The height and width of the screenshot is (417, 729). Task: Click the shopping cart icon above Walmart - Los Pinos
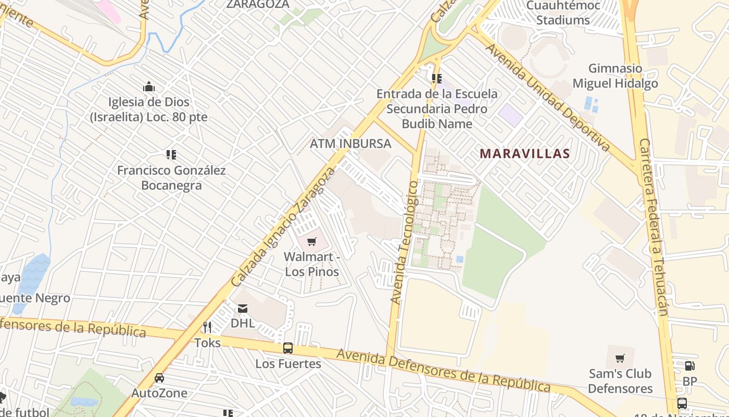[311, 241]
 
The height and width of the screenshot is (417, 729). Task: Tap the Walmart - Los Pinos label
[312, 264]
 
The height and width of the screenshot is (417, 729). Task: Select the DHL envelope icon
[243, 309]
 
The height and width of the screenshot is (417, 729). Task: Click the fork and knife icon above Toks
[207, 327]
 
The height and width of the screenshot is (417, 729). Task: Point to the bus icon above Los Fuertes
[287, 348]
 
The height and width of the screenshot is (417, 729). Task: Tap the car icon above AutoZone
[159, 378]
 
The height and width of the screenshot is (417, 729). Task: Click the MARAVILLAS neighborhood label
[525, 154]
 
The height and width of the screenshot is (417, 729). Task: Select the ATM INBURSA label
[350, 143]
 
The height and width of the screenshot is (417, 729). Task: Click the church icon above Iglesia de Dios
[149, 87]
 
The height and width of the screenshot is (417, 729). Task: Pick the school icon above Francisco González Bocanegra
[171, 155]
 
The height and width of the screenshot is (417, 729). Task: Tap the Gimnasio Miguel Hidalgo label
[615, 76]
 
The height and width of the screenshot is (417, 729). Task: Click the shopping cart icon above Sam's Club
[620, 359]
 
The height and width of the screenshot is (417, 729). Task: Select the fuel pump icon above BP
[689, 366]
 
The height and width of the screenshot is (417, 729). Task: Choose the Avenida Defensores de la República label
[443, 371]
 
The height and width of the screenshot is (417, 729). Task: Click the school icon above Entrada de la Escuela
[436, 79]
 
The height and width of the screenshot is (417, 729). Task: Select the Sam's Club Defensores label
[620, 381]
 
